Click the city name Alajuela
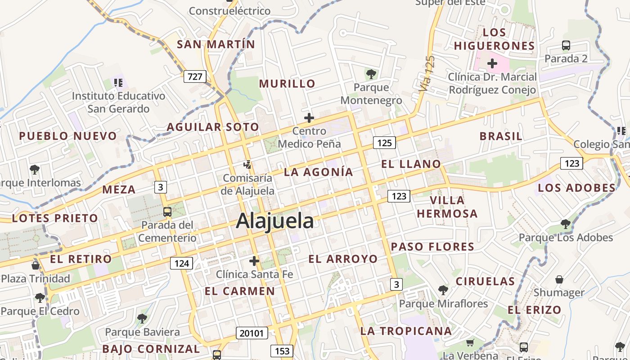click(274, 221)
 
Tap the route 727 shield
click(195, 76)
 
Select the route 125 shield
click(384, 143)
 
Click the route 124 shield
click(181, 263)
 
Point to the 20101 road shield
click(252, 333)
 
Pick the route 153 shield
click(282, 351)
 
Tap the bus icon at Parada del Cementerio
click(167, 211)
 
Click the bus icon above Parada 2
click(566, 45)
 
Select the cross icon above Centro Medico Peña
click(309, 118)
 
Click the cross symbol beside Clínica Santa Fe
click(254, 261)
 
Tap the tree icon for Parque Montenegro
click(371, 74)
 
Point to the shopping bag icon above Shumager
click(559, 279)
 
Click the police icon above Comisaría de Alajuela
click(247, 165)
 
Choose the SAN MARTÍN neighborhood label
click(216, 45)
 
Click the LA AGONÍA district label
click(319, 172)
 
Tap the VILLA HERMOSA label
click(447, 207)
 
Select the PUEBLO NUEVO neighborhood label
click(68, 136)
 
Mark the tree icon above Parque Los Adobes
click(566, 224)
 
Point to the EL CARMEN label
click(240, 291)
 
